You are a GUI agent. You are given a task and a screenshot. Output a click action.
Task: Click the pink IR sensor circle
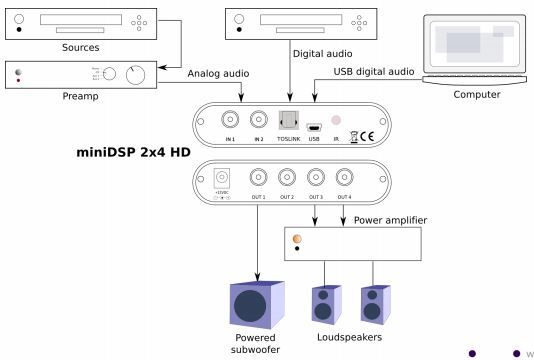click(336, 120)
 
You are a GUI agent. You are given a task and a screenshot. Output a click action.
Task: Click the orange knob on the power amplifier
click(296, 238)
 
